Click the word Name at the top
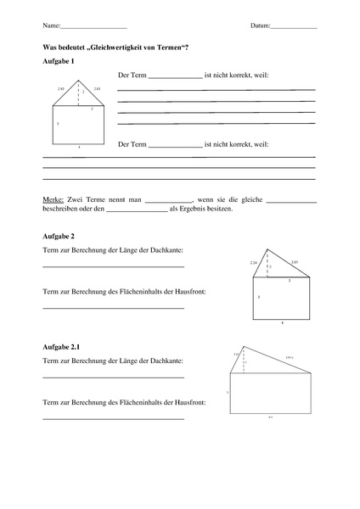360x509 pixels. click(49, 26)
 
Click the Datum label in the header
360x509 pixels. click(260, 26)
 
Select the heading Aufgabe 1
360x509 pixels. click(58, 63)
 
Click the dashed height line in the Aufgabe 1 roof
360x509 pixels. click(79, 93)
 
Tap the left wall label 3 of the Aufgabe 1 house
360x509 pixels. click(58, 125)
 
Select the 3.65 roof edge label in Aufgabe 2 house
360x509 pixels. click(294, 263)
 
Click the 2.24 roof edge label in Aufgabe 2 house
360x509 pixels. click(253, 263)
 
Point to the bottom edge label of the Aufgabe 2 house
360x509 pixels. click(283, 323)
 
